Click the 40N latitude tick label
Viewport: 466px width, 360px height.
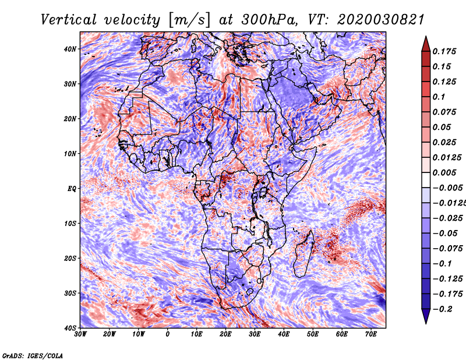coord(70,49)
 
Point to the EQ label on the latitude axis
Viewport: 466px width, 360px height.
coord(72,189)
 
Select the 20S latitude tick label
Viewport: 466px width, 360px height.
coord(70,258)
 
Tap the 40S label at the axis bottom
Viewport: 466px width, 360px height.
coord(70,328)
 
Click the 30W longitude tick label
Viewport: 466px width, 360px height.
coord(80,334)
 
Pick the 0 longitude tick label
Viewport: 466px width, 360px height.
coord(168,334)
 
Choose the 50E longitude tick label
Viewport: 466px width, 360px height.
coord(313,334)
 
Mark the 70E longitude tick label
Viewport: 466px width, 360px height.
coord(371,334)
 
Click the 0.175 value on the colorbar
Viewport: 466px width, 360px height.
coord(444,51)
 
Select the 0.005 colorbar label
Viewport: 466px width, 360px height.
coord(444,172)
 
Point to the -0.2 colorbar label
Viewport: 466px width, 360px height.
coord(443,309)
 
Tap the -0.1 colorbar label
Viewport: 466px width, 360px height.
coord(443,264)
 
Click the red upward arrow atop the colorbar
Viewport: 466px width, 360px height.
coord(426,44)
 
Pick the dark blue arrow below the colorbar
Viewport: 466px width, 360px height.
coord(426,316)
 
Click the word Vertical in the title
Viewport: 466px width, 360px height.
coord(69,20)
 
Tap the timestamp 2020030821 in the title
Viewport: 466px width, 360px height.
coord(381,20)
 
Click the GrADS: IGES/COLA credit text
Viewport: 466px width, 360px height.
coord(33,356)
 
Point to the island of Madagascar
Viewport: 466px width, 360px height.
coord(303,254)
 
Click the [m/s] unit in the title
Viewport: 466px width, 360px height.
coord(190,20)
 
